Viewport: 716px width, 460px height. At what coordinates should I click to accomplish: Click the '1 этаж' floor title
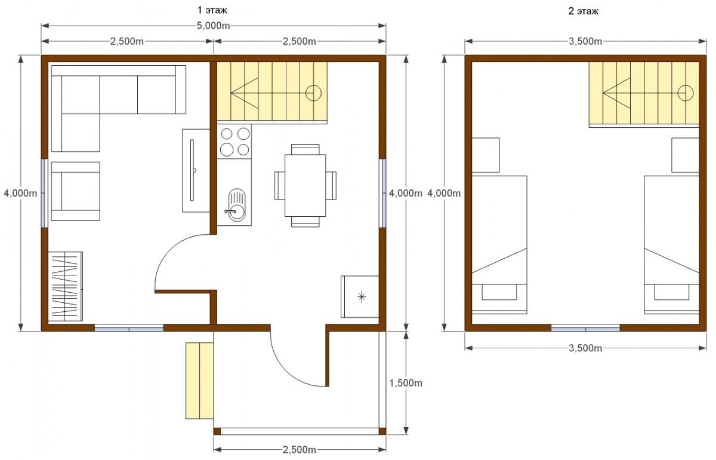pos(212,10)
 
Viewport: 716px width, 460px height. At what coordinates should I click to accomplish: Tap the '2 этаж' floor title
pos(583,11)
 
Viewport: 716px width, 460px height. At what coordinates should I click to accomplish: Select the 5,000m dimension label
pos(213,26)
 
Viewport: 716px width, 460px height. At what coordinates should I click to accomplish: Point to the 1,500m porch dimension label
pos(405,383)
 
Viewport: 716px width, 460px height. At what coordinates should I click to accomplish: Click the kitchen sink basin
pos(237,205)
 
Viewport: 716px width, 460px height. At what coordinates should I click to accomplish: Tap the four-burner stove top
pos(234,142)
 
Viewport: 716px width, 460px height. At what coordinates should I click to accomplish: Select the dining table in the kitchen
pos(305,186)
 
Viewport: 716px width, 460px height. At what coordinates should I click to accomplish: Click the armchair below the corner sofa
pos(75,191)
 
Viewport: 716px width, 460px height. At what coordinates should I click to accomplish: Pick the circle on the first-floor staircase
pos(313,93)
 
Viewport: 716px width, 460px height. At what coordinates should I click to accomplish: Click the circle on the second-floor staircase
pos(686,93)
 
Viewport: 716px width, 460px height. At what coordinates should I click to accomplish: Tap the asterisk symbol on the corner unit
pos(362,297)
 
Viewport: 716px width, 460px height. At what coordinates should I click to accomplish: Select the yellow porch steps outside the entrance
pos(199,381)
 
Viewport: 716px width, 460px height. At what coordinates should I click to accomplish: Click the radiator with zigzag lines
pos(65,287)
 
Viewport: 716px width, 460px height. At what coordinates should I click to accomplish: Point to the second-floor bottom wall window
pos(585,328)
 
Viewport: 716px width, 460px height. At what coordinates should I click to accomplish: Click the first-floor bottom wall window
pos(129,328)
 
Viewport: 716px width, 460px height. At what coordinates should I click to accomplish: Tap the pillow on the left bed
pos(499,292)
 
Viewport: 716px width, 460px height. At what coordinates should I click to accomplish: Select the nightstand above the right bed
pos(685,155)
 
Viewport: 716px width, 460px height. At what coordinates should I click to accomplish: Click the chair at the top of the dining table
pos(305,149)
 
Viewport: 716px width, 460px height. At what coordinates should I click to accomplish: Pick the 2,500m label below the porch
pos(299,450)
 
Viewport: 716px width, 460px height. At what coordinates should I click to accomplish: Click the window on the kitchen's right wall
pos(382,193)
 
